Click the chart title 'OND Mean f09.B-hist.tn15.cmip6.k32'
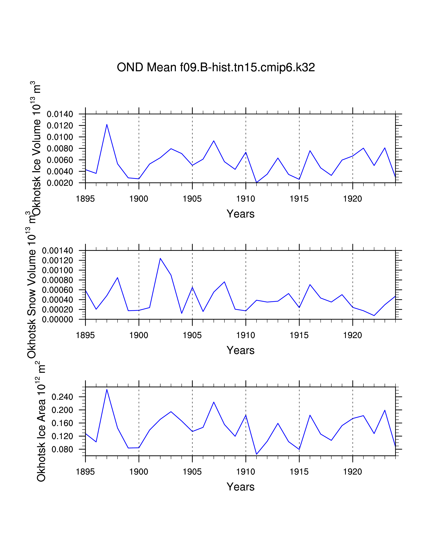click(216, 67)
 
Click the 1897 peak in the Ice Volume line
click(107, 124)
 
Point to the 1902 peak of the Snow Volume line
click(160, 258)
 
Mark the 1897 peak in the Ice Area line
click(107, 389)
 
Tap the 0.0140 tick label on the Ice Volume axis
click(60, 114)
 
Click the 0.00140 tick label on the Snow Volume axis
click(57, 251)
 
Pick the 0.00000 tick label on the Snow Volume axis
click(57, 319)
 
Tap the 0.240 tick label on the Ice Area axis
click(62, 397)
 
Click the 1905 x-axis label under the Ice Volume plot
click(192, 199)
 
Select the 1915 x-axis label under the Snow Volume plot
click(299, 335)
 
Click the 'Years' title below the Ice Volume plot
click(240, 214)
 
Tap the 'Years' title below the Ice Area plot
click(240, 487)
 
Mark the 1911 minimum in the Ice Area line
click(257, 454)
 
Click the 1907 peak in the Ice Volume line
click(214, 141)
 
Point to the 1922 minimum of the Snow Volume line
click(374, 315)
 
